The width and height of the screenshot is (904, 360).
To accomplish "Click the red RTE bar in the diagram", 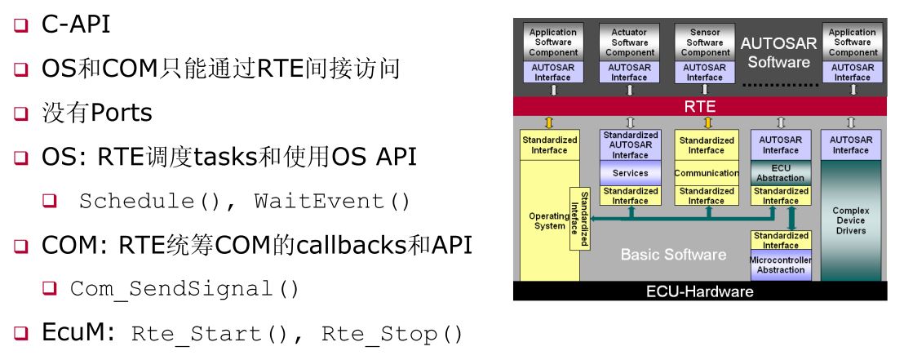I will (x=699, y=106).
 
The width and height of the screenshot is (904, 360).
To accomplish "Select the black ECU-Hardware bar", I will (x=699, y=291).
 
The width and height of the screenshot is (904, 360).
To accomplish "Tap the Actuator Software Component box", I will (x=630, y=42).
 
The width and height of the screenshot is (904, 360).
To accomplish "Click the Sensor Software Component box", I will (x=705, y=42).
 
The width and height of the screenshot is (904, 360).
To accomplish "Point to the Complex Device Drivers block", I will (x=850, y=220).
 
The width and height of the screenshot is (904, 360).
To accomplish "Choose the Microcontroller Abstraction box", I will (x=781, y=264).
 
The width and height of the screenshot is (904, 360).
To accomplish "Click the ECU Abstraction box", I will (x=781, y=172).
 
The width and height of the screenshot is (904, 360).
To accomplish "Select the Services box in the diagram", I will (x=630, y=173).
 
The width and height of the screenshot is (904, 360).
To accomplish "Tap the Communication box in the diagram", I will (x=706, y=173).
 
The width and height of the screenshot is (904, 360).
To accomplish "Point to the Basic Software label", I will (x=673, y=255).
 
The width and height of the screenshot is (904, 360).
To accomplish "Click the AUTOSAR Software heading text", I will (x=778, y=52).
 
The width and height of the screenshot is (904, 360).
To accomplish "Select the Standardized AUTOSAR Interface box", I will (x=630, y=144).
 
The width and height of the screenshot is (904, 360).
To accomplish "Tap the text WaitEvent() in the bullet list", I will (x=332, y=201).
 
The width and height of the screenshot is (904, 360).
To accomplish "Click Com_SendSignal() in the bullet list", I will (x=184, y=288).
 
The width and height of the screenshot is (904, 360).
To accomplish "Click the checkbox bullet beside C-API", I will (x=20, y=25).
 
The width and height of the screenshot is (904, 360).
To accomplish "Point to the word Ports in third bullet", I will (x=121, y=113).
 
